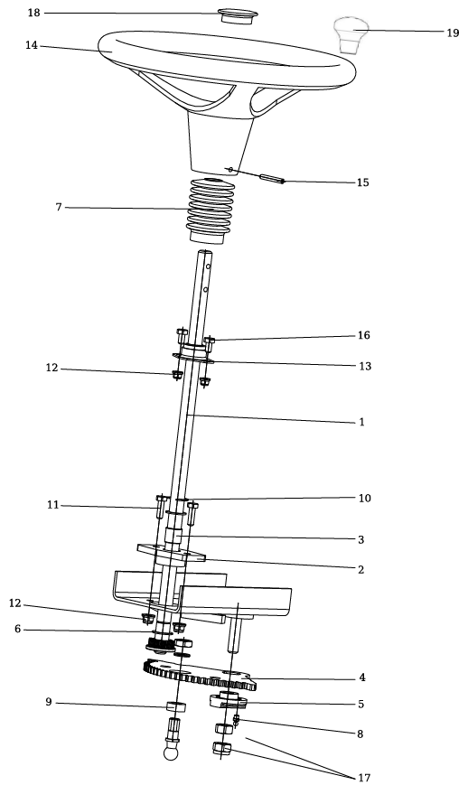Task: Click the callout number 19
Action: tap(453, 33)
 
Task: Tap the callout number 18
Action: tap(33, 13)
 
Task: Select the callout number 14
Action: tap(32, 45)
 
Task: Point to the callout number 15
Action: tap(362, 182)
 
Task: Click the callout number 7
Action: tap(59, 207)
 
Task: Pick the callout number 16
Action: tap(363, 335)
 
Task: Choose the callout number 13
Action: tap(365, 366)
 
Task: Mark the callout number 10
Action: tap(365, 498)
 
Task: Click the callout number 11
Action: tap(53, 505)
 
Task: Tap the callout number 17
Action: tap(364, 778)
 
